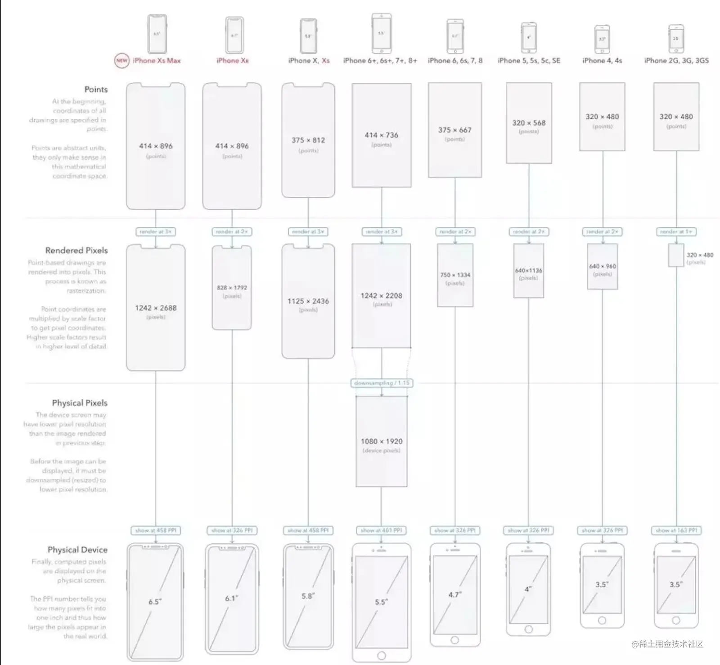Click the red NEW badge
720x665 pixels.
click(121, 60)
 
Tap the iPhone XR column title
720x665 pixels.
click(232, 60)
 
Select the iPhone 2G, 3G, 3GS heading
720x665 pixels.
click(676, 60)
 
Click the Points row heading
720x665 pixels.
click(96, 89)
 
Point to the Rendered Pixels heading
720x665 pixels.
click(76, 250)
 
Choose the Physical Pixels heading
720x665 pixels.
click(80, 403)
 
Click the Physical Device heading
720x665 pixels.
click(77, 549)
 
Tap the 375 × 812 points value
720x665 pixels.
click(308, 140)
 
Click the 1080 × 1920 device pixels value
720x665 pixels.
click(382, 441)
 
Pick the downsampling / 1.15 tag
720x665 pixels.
click(382, 383)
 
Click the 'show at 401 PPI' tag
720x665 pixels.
click(382, 530)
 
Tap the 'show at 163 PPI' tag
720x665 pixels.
click(676, 530)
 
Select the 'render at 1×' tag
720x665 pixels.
click(676, 232)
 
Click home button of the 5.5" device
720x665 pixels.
click(382, 655)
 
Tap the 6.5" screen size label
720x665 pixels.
click(155, 602)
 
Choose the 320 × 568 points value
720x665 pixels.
click(529, 123)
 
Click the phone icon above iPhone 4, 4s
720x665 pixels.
click(602, 39)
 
